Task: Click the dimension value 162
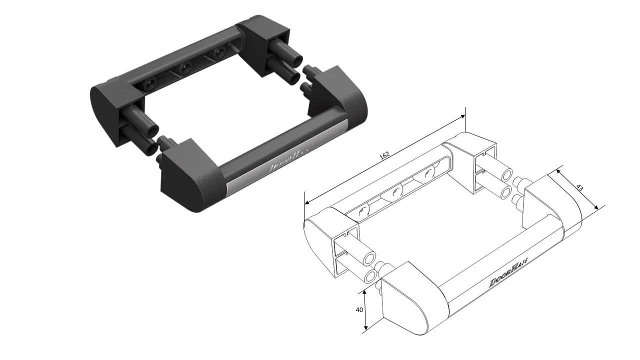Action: pos(384,155)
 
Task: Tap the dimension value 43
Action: pos(579,188)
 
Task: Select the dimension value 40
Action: pos(359,309)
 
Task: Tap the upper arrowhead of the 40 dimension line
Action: pos(366,290)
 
